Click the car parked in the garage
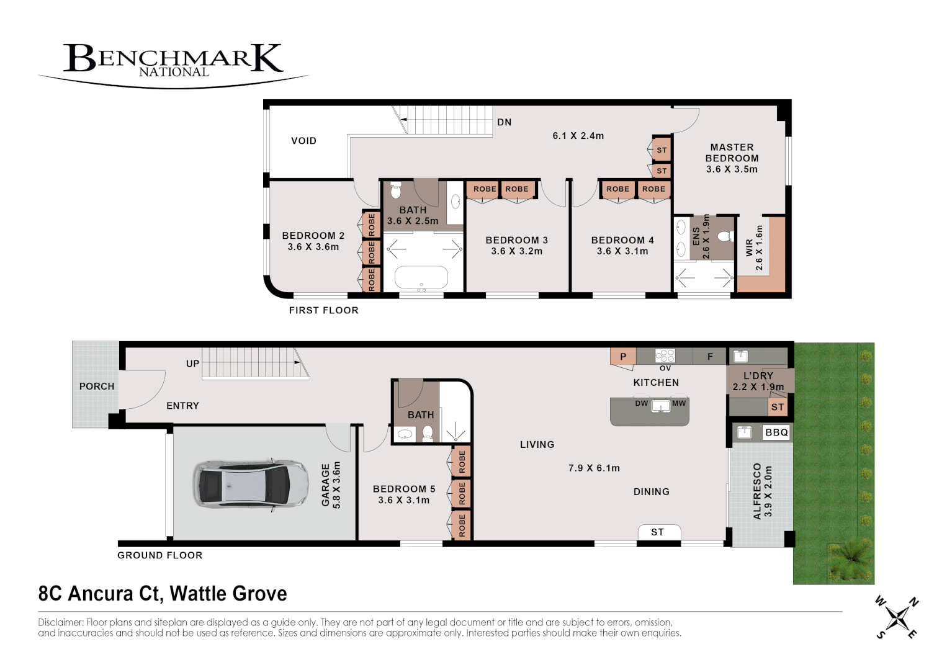pyautogui.click(x=251, y=484)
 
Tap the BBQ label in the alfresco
pyautogui.click(x=777, y=432)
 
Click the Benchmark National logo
pyautogui.click(x=173, y=66)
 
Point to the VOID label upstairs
pyautogui.click(x=303, y=141)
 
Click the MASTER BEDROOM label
pyautogui.click(x=732, y=153)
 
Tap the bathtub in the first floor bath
pyautogui.click(x=421, y=277)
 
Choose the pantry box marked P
pyautogui.click(x=622, y=356)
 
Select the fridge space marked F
pyautogui.click(x=710, y=356)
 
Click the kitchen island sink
pyautogui.click(x=661, y=406)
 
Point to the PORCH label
pyautogui.click(x=97, y=386)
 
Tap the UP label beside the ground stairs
pyautogui.click(x=193, y=364)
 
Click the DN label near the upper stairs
pyautogui.click(x=505, y=122)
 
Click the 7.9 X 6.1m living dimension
pyautogui.click(x=594, y=468)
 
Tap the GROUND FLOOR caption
pyautogui.click(x=160, y=555)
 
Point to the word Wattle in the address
pyautogui.click(x=199, y=594)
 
